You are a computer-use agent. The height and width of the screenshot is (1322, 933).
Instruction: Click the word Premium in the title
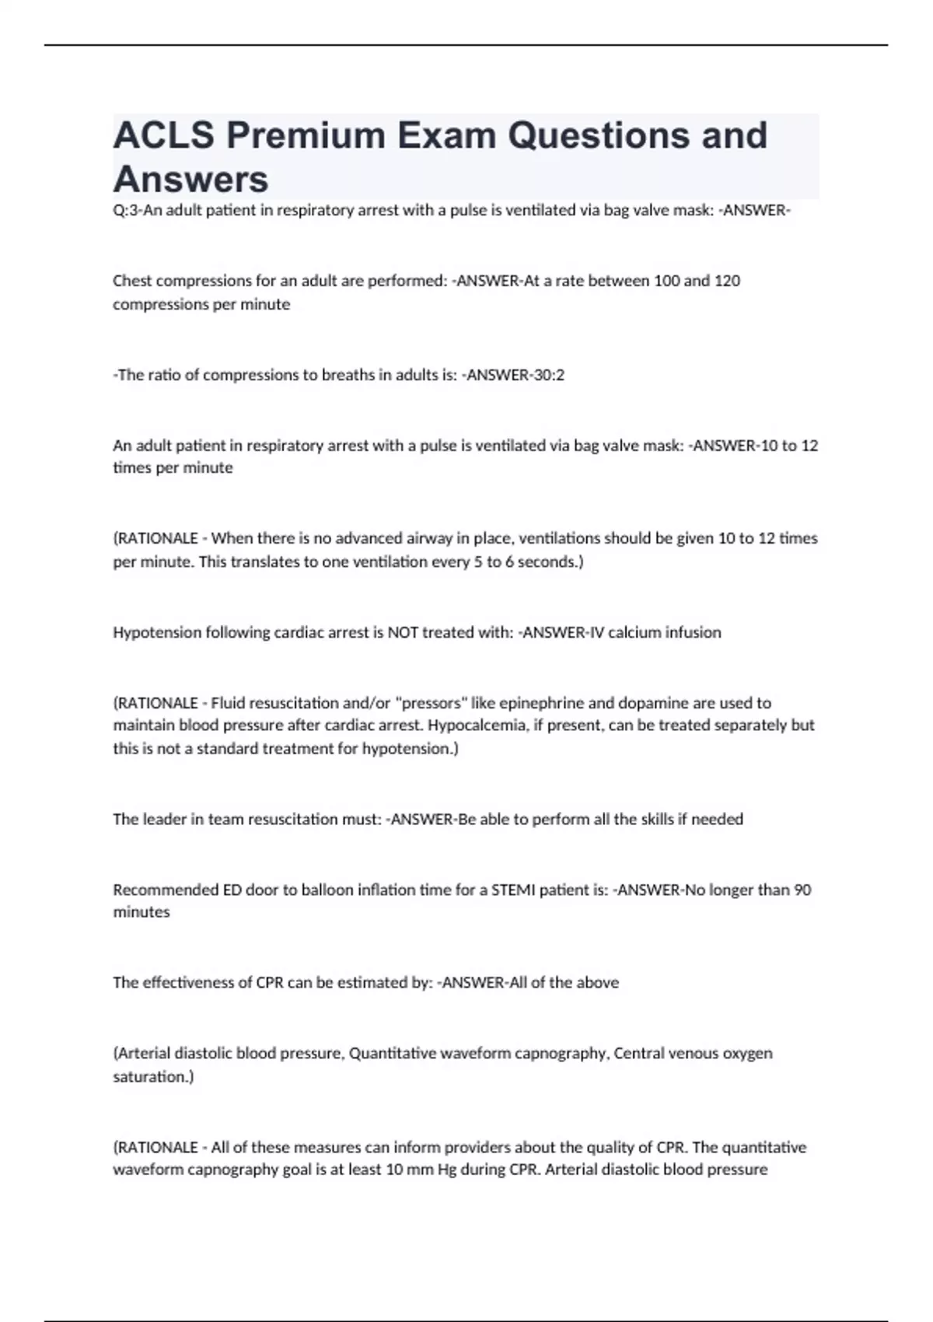[x=306, y=135]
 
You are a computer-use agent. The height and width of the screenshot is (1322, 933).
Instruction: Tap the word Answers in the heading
[x=190, y=180]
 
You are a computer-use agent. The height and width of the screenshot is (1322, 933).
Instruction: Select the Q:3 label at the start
[x=126, y=211]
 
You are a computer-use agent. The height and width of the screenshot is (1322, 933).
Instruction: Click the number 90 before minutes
[x=802, y=890]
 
